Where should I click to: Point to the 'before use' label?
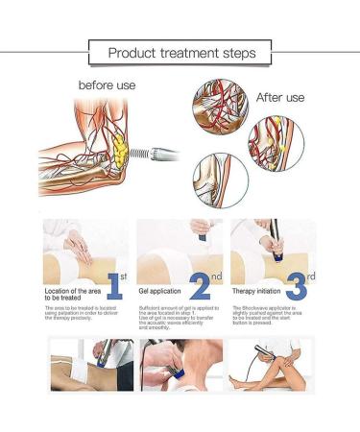[107, 84]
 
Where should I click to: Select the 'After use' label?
[279, 98]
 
